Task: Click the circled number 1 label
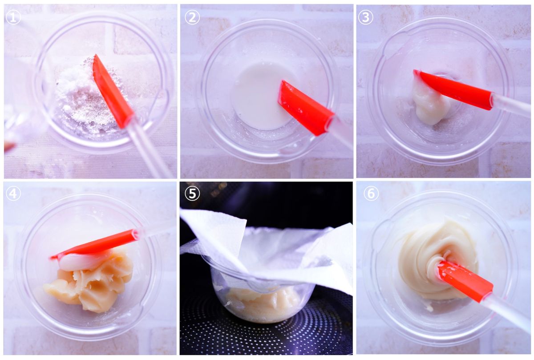pyautogui.click(x=13, y=17)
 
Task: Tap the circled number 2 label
pyautogui.click(x=192, y=17)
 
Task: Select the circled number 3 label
pyautogui.click(x=365, y=17)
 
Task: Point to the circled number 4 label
pyautogui.click(x=13, y=193)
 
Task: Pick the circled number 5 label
pyautogui.click(x=192, y=193)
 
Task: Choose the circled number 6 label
pyautogui.click(x=371, y=193)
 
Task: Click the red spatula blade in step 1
pyautogui.click(x=113, y=91)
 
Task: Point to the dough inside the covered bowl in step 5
pyautogui.click(x=260, y=305)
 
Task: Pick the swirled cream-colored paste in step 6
pyautogui.click(x=429, y=260)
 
